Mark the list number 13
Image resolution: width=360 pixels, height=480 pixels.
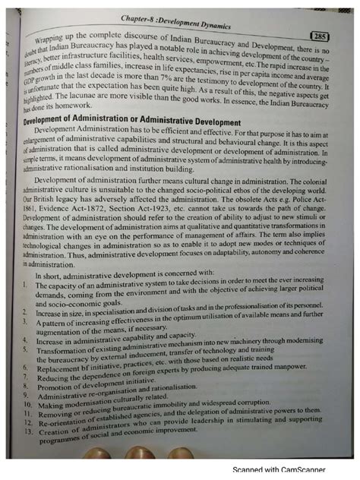(28, 418)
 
